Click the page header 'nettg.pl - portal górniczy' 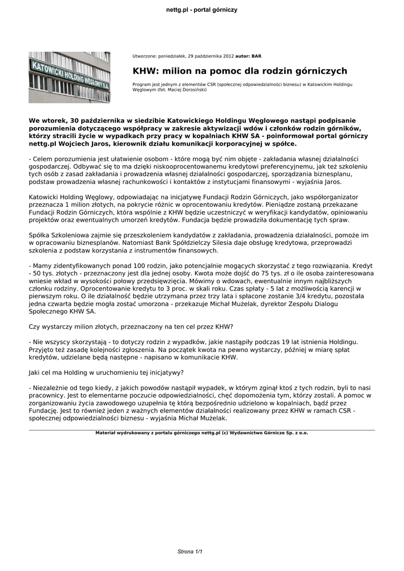click(202, 10)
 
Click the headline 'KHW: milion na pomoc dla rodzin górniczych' click(240, 71)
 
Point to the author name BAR click(256, 56)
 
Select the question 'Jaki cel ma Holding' click(106, 372)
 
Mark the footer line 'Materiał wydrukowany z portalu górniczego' click(202, 432)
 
